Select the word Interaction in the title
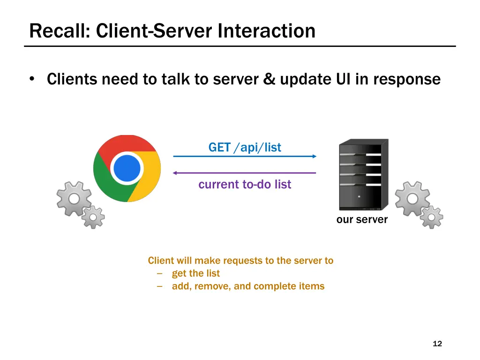tap(266, 31)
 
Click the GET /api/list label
tap(245, 148)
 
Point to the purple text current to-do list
tap(245, 185)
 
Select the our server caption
tap(362, 220)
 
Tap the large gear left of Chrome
tap(74, 199)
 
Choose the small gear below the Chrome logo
tap(93, 217)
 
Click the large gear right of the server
tap(412, 199)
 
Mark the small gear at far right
tap(431, 217)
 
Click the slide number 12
tap(437, 344)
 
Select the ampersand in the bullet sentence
tap(269, 80)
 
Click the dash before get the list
tap(160, 274)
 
